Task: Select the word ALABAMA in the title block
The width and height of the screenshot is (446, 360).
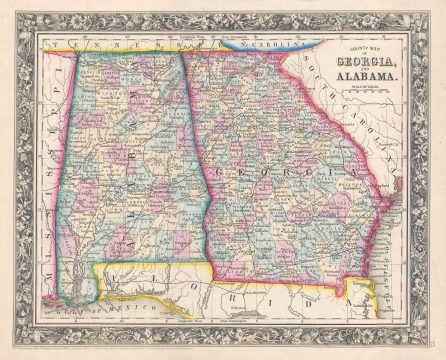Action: [x=369, y=76]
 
